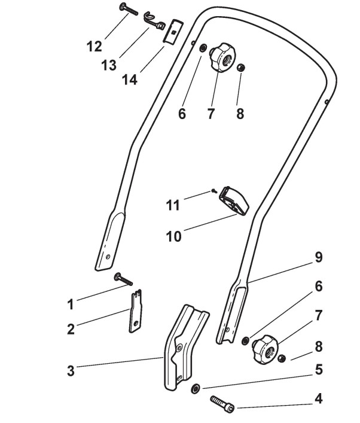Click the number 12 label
coord(94,45)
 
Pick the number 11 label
coord(172,205)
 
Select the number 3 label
coord(71,371)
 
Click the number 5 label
coord(319,370)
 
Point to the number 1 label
coord(71,305)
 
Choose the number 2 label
coord(71,329)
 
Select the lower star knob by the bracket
coord(262,347)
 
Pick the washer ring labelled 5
coord(195,389)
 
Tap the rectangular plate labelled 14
coord(174,31)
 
